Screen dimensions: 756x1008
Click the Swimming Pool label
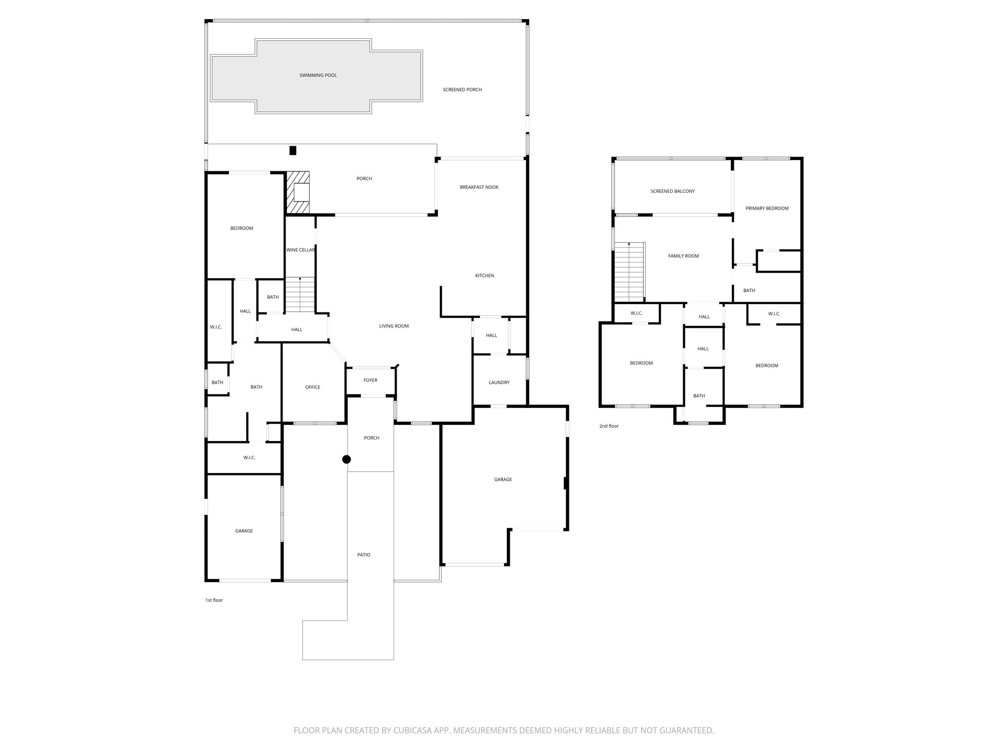coord(318,75)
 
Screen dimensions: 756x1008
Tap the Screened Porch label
coord(462,90)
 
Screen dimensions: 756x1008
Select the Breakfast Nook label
coord(479,187)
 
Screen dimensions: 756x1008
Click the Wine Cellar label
coord(300,250)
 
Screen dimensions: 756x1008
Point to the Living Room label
coord(394,326)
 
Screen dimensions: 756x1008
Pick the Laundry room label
coord(499,382)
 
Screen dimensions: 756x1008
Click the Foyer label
coord(370,380)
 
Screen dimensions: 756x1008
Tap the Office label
coord(313,387)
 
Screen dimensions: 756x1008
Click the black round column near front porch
coord(346,459)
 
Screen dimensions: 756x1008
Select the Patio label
coord(364,555)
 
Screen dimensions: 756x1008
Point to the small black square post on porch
coord(293,151)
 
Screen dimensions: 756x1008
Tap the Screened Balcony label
coord(672,191)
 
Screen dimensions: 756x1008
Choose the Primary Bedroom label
coord(767,208)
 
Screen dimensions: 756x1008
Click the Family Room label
coord(683,256)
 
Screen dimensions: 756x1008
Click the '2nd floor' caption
coord(609,426)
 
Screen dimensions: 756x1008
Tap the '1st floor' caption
coord(214,600)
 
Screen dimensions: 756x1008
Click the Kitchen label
coord(484,276)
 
